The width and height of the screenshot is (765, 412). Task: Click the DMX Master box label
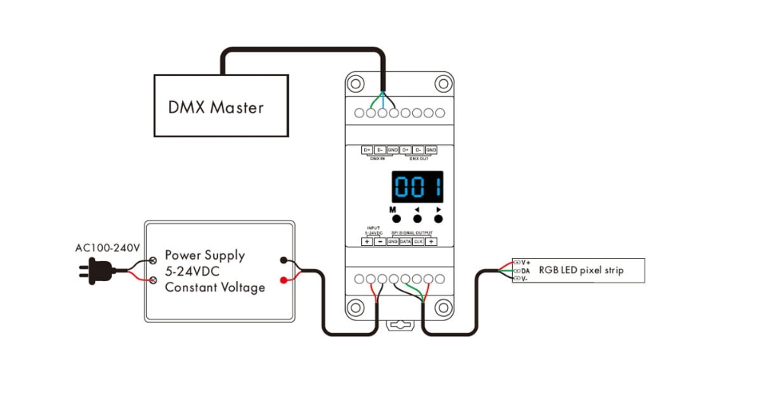click(x=216, y=107)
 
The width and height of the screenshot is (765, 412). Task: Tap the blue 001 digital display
click(x=418, y=187)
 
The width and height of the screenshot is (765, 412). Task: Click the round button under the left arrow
click(x=417, y=219)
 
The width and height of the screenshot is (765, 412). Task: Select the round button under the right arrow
click(x=438, y=219)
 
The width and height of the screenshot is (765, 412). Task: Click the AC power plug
click(x=95, y=269)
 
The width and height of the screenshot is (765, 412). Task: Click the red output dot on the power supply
click(x=283, y=280)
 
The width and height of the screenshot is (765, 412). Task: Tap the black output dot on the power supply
click(x=283, y=260)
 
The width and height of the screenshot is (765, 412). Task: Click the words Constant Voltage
click(x=215, y=287)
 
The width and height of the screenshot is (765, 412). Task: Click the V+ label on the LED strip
click(x=526, y=262)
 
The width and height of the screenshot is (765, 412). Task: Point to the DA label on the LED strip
click(x=526, y=270)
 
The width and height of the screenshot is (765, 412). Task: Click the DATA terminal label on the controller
click(x=405, y=241)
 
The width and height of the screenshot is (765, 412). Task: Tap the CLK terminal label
click(x=418, y=241)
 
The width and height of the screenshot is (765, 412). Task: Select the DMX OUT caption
click(x=418, y=158)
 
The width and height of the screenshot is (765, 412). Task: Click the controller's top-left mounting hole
click(x=355, y=83)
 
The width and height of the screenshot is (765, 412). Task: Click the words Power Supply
click(x=205, y=255)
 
